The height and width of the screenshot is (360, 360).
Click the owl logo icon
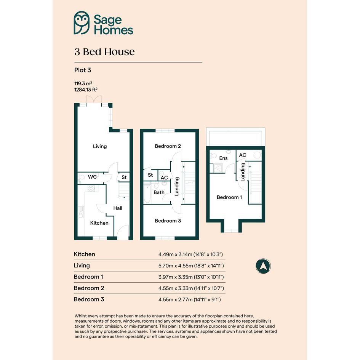click(x=82, y=23)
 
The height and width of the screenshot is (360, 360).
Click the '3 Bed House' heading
click(x=104, y=52)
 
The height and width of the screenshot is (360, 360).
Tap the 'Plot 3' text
click(x=83, y=70)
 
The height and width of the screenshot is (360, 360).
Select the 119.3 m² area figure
click(x=83, y=83)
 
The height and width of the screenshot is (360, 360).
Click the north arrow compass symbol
click(x=263, y=266)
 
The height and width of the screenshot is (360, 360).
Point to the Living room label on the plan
click(x=100, y=147)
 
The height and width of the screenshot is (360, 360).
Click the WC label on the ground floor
click(x=92, y=177)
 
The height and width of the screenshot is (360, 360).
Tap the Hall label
click(x=118, y=208)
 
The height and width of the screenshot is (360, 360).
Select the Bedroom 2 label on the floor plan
click(x=168, y=146)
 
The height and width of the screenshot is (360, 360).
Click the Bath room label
click(x=159, y=192)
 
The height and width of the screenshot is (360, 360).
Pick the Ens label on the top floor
click(x=223, y=158)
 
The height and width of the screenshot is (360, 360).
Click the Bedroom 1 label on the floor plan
click(x=229, y=197)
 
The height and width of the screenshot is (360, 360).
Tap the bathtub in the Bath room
click(x=147, y=194)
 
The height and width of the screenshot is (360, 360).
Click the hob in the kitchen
click(x=91, y=189)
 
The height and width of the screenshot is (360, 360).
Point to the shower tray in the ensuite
click(x=216, y=168)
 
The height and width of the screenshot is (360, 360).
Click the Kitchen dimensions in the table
click(x=190, y=254)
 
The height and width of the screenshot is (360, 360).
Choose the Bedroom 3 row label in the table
click(x=89, y=299)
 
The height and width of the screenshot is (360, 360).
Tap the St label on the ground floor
click(x=124, y=177)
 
